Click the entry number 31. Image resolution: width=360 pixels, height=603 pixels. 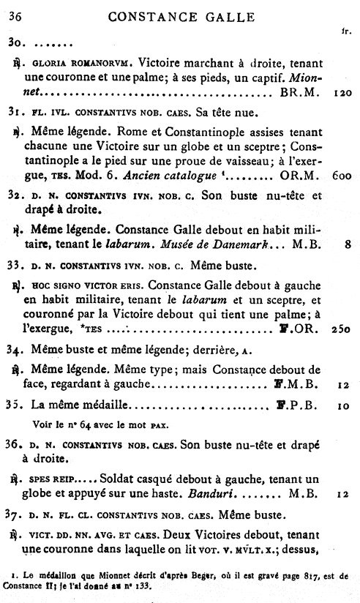[15, 113]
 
